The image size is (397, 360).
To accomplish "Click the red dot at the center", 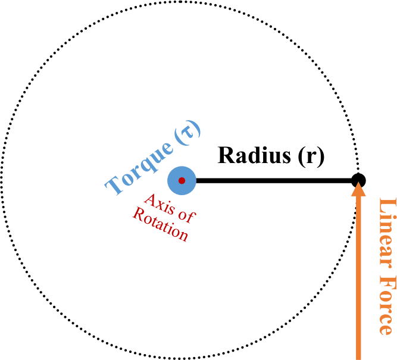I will (182, 180).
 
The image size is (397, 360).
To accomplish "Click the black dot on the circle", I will (358, 180).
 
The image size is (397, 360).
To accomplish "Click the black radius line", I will (274, 180).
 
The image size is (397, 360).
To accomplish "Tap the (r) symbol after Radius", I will (310, 155).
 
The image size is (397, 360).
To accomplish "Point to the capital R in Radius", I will (227, 155).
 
